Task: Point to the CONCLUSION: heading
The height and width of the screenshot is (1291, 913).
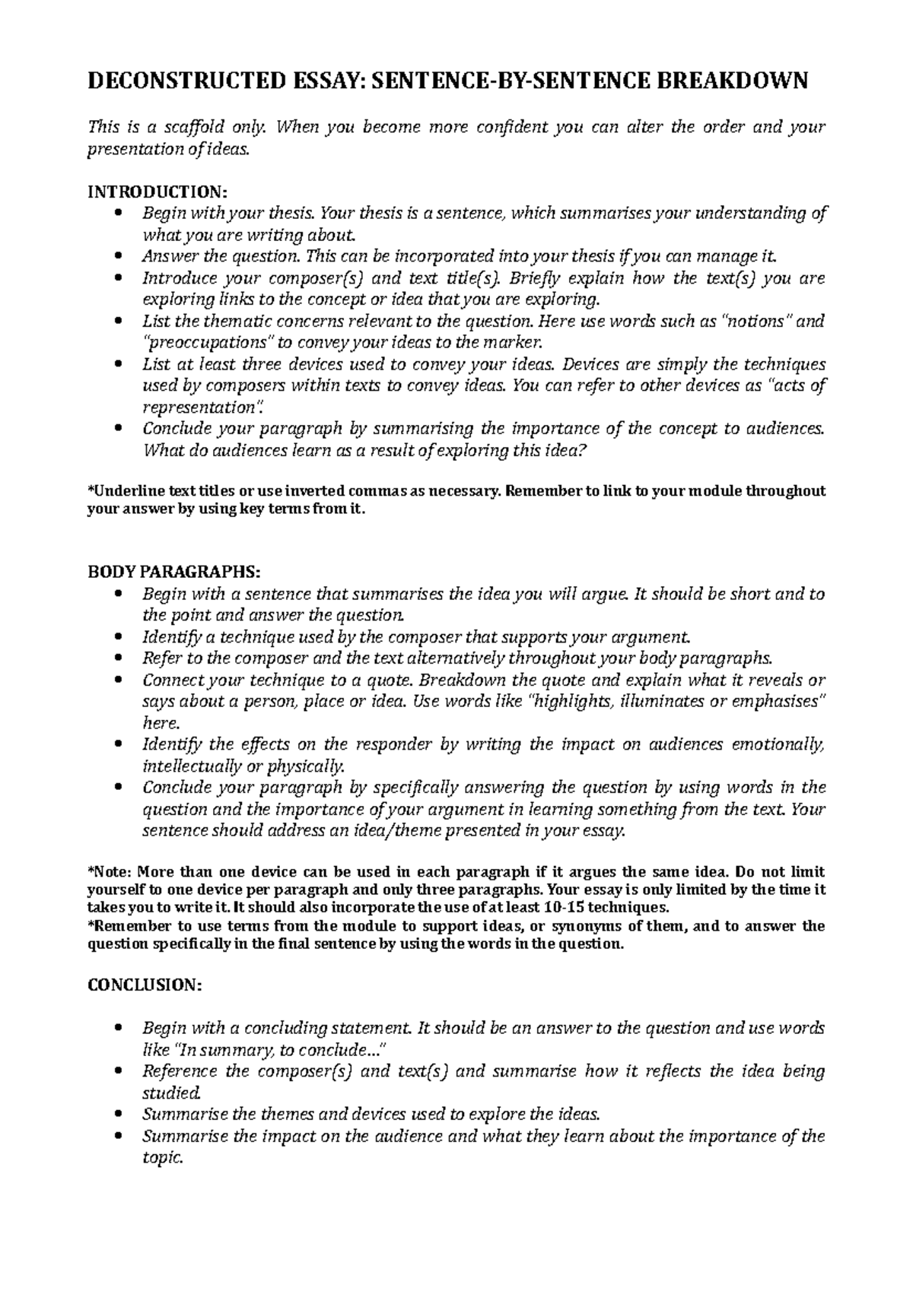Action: point(145,985)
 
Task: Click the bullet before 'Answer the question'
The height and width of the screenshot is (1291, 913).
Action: point(116,256)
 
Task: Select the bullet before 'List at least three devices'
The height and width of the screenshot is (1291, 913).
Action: point(116,364)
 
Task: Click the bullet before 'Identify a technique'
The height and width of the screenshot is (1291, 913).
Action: point(116,636)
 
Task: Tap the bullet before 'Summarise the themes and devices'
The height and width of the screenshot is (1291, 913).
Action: point(116,1115)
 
